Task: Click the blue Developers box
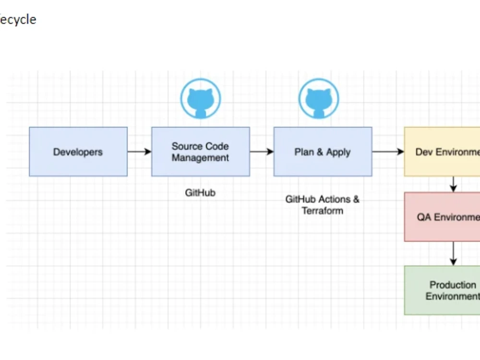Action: point(78,152)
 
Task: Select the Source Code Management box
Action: point(201,152)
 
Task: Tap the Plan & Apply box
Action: point(323,152)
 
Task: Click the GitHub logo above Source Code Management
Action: point(200,99)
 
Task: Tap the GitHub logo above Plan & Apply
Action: point(318,99)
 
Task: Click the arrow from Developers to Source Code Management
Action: point(139,152)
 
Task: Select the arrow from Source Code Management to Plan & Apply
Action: point(262,152)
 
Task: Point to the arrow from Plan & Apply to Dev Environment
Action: point(388,152)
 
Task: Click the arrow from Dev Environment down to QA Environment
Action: point(453,184)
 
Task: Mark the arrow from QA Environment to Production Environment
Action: point(453,253)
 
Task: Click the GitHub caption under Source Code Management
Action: point(200,193)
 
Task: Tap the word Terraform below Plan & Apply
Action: point(323,211)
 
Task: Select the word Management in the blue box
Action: point(201,158)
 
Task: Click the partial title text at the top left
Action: point(18,20)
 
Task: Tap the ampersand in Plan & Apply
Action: point(319,152)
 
